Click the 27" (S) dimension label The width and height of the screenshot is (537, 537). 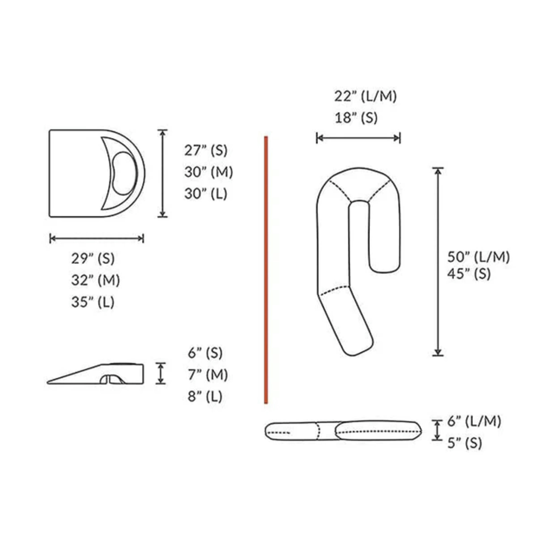point(206,151)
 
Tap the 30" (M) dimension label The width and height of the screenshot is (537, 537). point(209,172)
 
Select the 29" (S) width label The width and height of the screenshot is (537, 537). point(93,259)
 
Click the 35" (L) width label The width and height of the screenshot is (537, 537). point(93,302)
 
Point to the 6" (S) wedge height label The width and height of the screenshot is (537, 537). point(205,353)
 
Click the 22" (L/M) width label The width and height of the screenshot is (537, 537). point(365,97)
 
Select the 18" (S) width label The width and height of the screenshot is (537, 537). point(356,118)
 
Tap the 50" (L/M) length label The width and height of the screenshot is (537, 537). point(479,257)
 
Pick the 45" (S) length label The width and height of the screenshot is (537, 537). point(469,274)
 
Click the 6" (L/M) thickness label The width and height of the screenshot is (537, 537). point(474,421)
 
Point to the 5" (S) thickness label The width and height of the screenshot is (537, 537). point(465,443)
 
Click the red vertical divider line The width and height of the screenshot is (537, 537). point(266,270)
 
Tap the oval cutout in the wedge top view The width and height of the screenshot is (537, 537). point(124,173)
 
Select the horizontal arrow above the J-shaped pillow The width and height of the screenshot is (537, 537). point(358,138)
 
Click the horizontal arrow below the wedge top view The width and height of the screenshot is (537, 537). point(97,238)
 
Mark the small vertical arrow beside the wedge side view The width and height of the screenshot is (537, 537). point(161,373)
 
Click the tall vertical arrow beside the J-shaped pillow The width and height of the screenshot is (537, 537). point(438,262)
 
